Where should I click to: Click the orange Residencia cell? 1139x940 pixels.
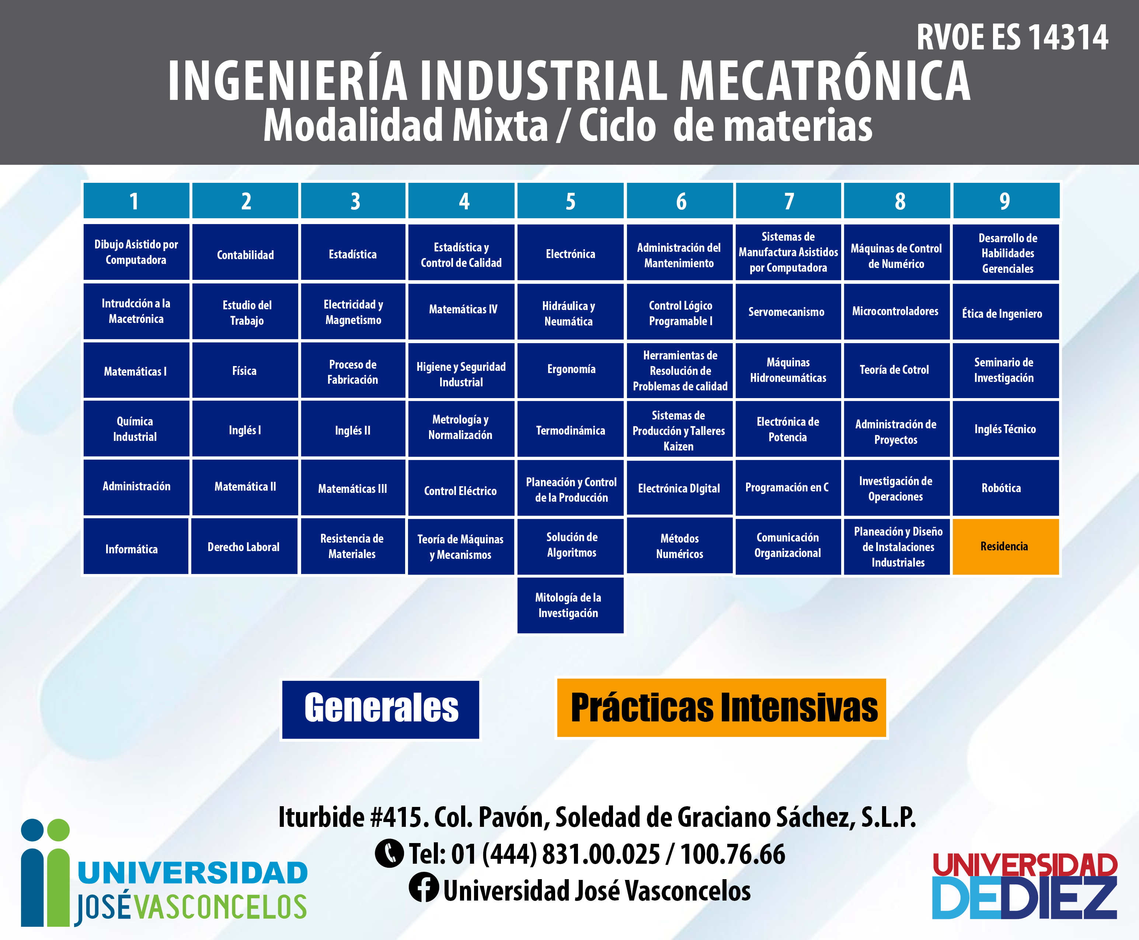click(1005, 546)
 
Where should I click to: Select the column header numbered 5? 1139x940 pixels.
click(571, 201)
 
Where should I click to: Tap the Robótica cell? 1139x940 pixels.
click(1005, 487)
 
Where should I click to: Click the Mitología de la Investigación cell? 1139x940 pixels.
click(571, 605)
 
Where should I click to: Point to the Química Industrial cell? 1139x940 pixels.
click(136, 429)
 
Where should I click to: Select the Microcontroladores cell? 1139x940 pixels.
click(896, 311)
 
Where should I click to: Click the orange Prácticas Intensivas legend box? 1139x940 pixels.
click(722, 708)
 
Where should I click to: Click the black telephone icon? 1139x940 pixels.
click(389, 853)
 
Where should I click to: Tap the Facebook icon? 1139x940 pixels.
click(424, 888)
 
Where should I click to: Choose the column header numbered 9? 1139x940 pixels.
click(1005, 201)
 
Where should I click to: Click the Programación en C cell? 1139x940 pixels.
click(788, 487)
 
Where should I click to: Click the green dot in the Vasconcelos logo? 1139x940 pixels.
click(58, 830)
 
